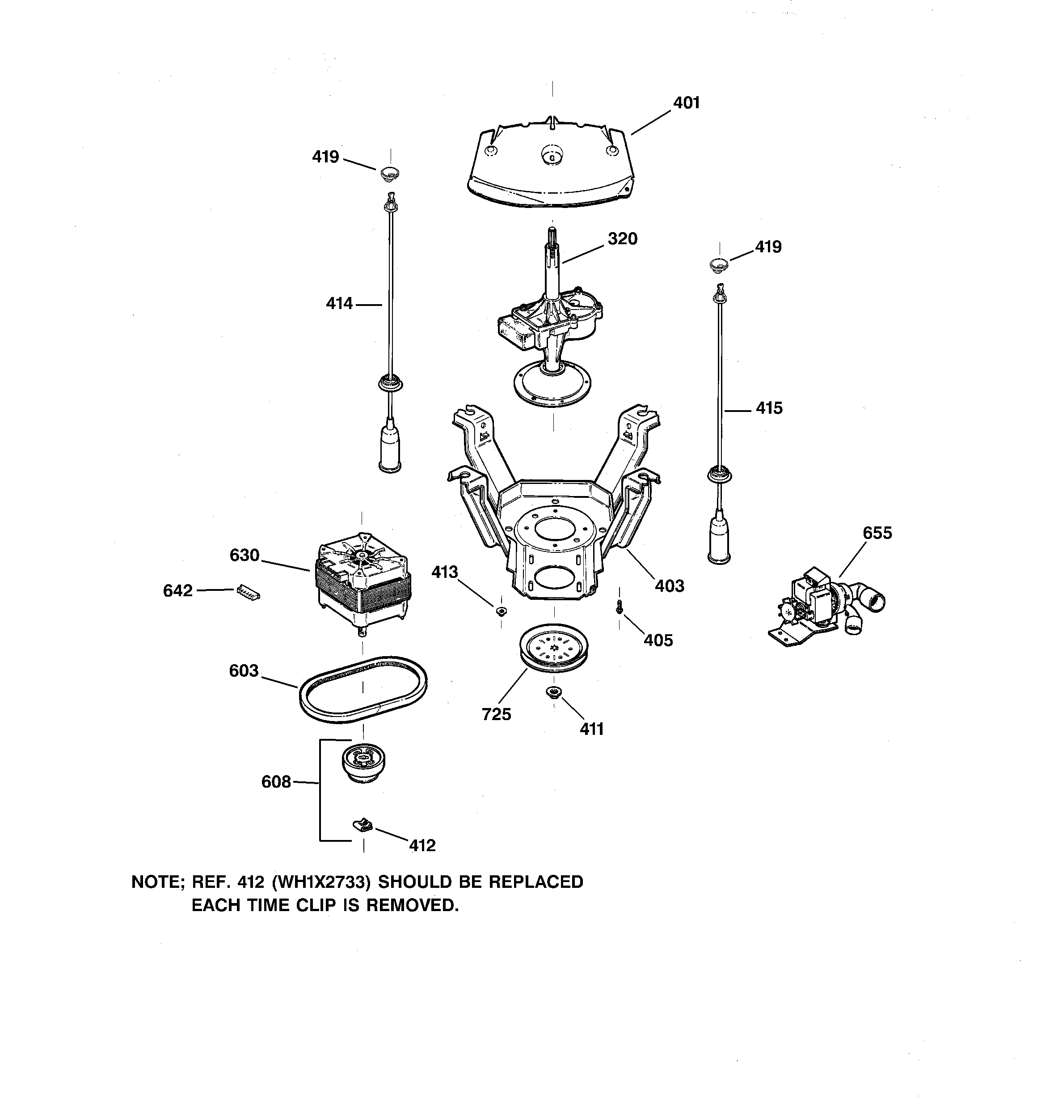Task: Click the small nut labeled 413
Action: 501,611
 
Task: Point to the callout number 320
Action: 622,239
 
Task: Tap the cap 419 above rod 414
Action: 390,173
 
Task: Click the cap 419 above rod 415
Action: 720,264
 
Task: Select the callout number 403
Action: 669,586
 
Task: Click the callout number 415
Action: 769,408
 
